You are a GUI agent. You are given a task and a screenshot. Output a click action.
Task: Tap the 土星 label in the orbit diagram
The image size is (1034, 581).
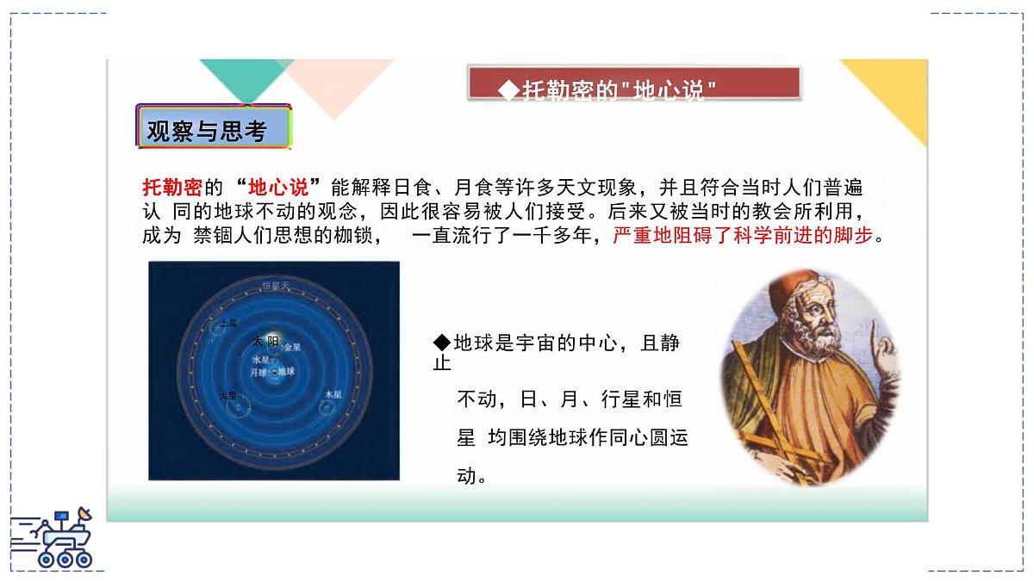pos(227,323)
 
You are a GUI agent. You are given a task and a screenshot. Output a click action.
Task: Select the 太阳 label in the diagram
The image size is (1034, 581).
pos(265,341)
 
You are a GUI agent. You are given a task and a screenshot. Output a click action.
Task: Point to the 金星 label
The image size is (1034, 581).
pos(293,348)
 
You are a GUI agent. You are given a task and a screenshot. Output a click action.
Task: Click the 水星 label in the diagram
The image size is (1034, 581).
pos(260,360)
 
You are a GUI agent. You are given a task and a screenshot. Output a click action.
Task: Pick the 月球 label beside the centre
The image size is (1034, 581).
pos(258,373)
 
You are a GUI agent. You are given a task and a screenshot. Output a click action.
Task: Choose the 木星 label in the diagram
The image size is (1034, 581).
pos(333,394)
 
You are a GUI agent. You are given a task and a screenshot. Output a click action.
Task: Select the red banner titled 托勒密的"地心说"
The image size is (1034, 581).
pos(634,83)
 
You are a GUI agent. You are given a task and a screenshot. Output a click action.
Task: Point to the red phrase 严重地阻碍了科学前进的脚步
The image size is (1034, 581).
pos(742,236)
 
